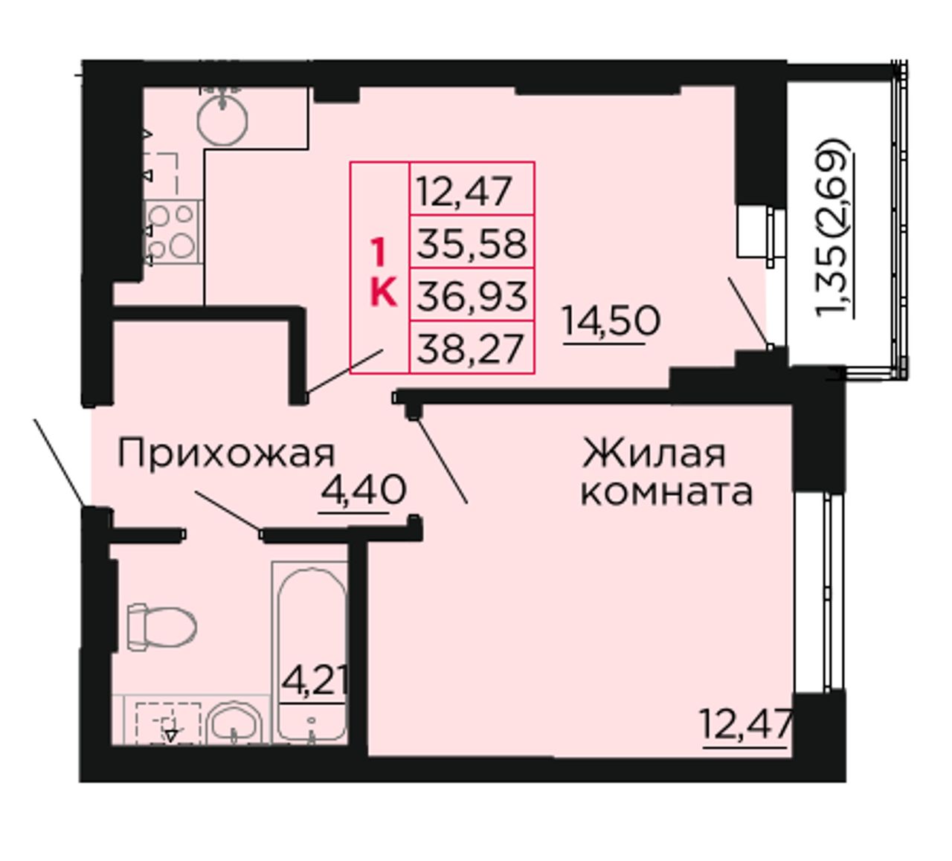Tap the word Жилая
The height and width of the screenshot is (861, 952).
pos(654,454)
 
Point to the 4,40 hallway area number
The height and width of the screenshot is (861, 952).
pos(364,490)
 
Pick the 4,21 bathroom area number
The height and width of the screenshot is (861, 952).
pos(315,681)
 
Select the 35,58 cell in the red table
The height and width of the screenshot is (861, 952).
pos(472,242)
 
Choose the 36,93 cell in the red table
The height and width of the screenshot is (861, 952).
pos(472,294)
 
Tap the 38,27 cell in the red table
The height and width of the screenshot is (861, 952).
pos(472,347)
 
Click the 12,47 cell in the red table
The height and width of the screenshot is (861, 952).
pos(472,189)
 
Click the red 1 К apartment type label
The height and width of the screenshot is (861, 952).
pos(382,272)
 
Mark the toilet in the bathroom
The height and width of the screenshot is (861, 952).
pos(162,628)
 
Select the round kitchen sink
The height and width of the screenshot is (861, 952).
pos(222,120)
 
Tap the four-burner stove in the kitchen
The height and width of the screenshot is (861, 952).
pos(173,232)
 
